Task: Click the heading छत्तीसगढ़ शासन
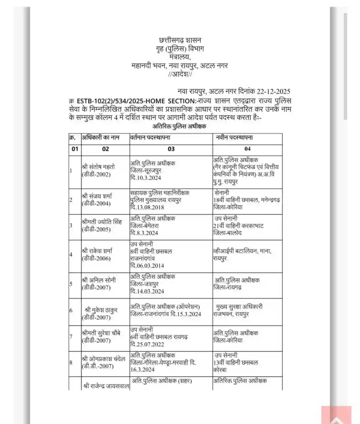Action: [180, 40]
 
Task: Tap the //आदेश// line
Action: [180, 74]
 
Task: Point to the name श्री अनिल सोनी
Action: [99, 280]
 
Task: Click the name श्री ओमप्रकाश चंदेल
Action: [104, 359]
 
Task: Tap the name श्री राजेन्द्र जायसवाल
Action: [106, 386]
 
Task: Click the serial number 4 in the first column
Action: [71, 254]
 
